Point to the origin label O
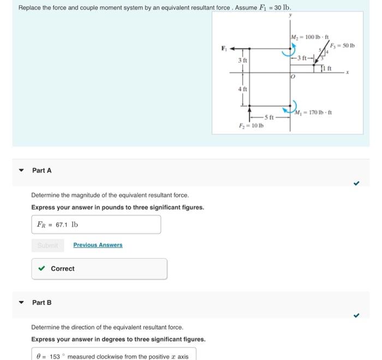coord(293,77)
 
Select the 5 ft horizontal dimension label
coord(270,117)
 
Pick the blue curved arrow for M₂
coord(286,51)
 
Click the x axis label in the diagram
coord(354,71)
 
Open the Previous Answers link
coord(98,245)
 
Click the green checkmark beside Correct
coord(42,268)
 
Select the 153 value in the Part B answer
coord(55,356)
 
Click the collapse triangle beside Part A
coord(21,170)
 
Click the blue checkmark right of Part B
coord(356,315)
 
